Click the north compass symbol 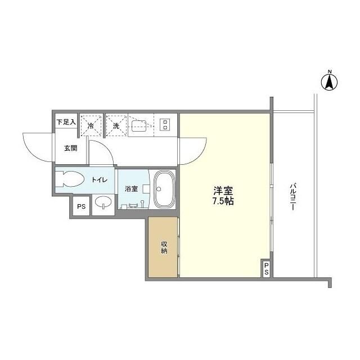coord(330,82)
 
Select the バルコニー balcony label coord(293,196)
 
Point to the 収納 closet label coord(164,247)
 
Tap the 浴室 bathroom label coord(130,189)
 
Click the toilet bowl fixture coord(70,179)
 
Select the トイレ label coord(100,180)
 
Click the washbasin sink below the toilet coord(102,202)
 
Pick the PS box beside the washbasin coord(81,206)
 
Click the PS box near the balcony coord(266,269)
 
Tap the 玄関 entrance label coord(70,148)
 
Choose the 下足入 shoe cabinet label coord(66,121)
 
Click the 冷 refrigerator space coord(91,126)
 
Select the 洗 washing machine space coord(116,125)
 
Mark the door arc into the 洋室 coord(190,149)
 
